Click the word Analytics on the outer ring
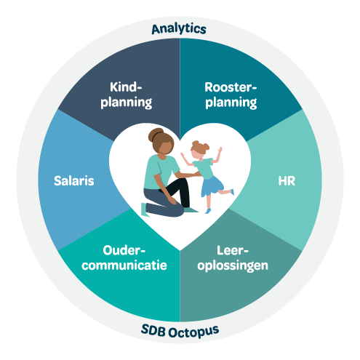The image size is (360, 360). click(179, 29)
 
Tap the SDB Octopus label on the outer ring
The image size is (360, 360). click(180, 331)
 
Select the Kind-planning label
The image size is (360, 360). click(127, 95)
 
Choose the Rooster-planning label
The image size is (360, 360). click(231, 95)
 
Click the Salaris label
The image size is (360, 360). click(74, 181)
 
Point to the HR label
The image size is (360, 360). click(287, 181)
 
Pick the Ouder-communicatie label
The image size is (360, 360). click(124, 258)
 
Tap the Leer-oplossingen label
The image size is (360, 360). click(233, 258)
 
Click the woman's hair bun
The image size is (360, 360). click(155, 135)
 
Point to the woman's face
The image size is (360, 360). click(166, 148)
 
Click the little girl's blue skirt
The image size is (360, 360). click(212, 186)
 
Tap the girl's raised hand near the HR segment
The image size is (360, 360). click(220, 150)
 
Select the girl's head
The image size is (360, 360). click(199, 151)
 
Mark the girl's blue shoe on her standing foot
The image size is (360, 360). click(208, 211)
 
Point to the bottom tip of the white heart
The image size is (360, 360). click(180, 250)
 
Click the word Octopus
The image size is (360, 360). click(194, 332)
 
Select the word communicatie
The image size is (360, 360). click(124, 265)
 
